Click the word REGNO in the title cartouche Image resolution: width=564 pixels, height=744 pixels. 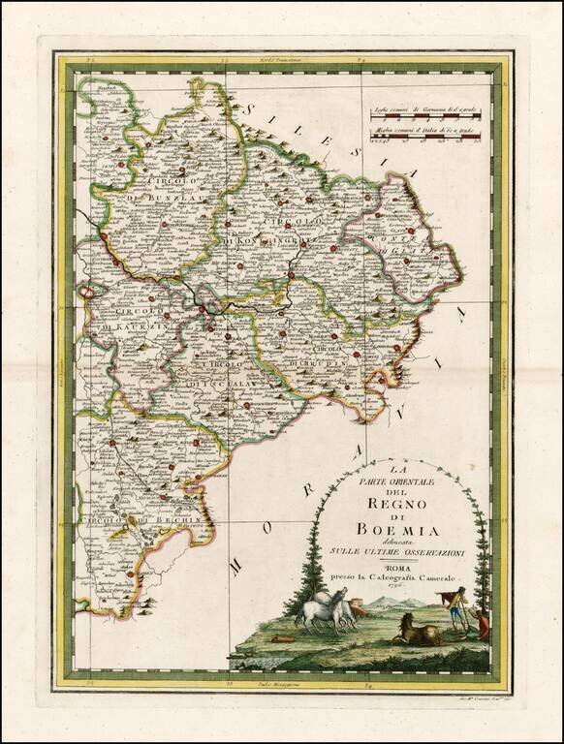point(390,501)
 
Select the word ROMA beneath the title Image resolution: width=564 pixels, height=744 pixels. point(396,570)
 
